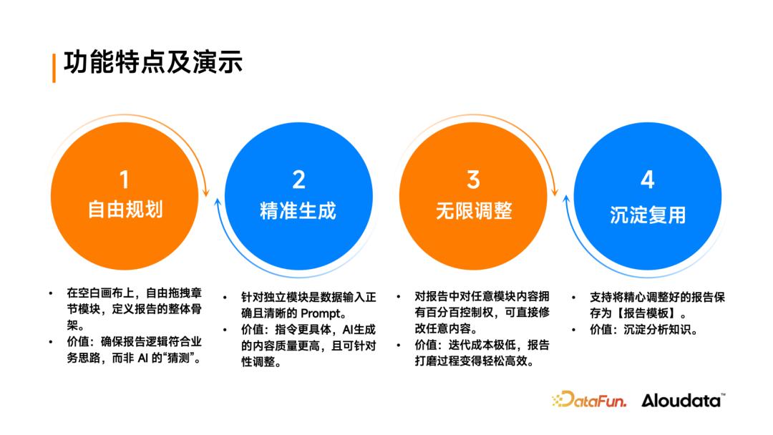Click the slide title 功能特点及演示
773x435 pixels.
pos(153,62)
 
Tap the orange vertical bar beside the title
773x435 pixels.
pos(54,68)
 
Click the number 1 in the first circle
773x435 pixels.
pos(125,180)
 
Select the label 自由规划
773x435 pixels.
pos(125,210)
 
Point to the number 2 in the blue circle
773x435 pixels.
pos(298,180)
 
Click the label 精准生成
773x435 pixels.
pos(298,211)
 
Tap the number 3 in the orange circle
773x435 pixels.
pos(473,180)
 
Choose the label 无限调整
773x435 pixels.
pos(474,211)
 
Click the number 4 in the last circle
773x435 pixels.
pos(648,180)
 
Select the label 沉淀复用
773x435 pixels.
pos(648,215)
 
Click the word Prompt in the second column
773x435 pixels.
pos(321,314)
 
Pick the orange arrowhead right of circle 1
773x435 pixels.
pos(206,192)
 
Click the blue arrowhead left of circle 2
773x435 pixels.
pos(218,202)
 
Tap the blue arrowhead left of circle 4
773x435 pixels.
pos(566,200)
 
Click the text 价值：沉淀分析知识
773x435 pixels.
pos(643,330)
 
